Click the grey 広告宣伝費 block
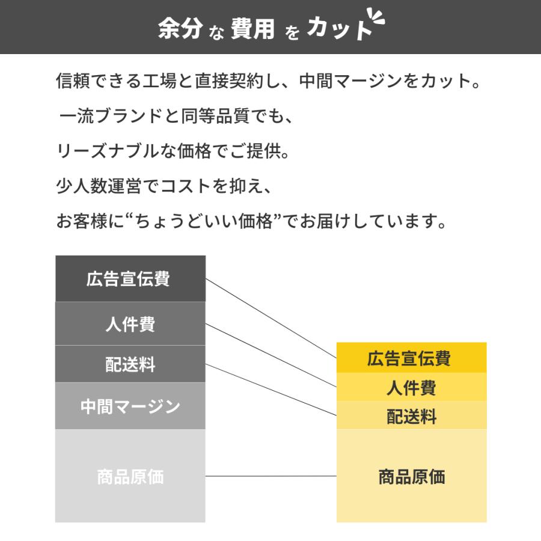130,279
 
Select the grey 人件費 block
130,323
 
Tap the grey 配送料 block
130,364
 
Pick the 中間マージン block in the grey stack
130,406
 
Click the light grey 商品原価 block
130,476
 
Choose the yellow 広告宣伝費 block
411,358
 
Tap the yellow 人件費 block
411,387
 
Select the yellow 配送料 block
411,416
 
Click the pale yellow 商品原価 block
411,476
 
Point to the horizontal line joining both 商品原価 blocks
270,476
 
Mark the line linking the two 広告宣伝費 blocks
270,318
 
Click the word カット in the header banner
338,29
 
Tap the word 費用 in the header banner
252,29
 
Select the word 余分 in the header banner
179,29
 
